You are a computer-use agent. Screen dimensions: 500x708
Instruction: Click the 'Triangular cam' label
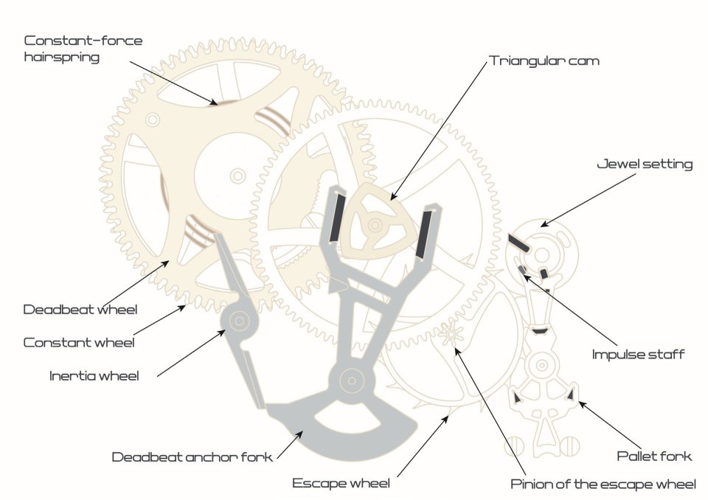544,61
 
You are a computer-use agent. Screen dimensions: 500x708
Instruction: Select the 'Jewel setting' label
644,164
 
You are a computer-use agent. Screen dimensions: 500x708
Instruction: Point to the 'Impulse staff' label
638,355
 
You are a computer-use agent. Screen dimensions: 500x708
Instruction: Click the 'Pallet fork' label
654,456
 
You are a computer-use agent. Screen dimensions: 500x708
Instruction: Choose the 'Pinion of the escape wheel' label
603,485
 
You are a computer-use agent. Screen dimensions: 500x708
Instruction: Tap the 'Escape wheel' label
341,484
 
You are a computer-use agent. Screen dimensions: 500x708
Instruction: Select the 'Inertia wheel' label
94,376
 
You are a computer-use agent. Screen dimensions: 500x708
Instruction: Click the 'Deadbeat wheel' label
80,309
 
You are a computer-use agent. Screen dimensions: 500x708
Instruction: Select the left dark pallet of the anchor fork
336,217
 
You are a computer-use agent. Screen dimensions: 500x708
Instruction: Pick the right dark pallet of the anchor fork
426,235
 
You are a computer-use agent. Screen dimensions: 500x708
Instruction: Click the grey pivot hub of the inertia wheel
240,319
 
